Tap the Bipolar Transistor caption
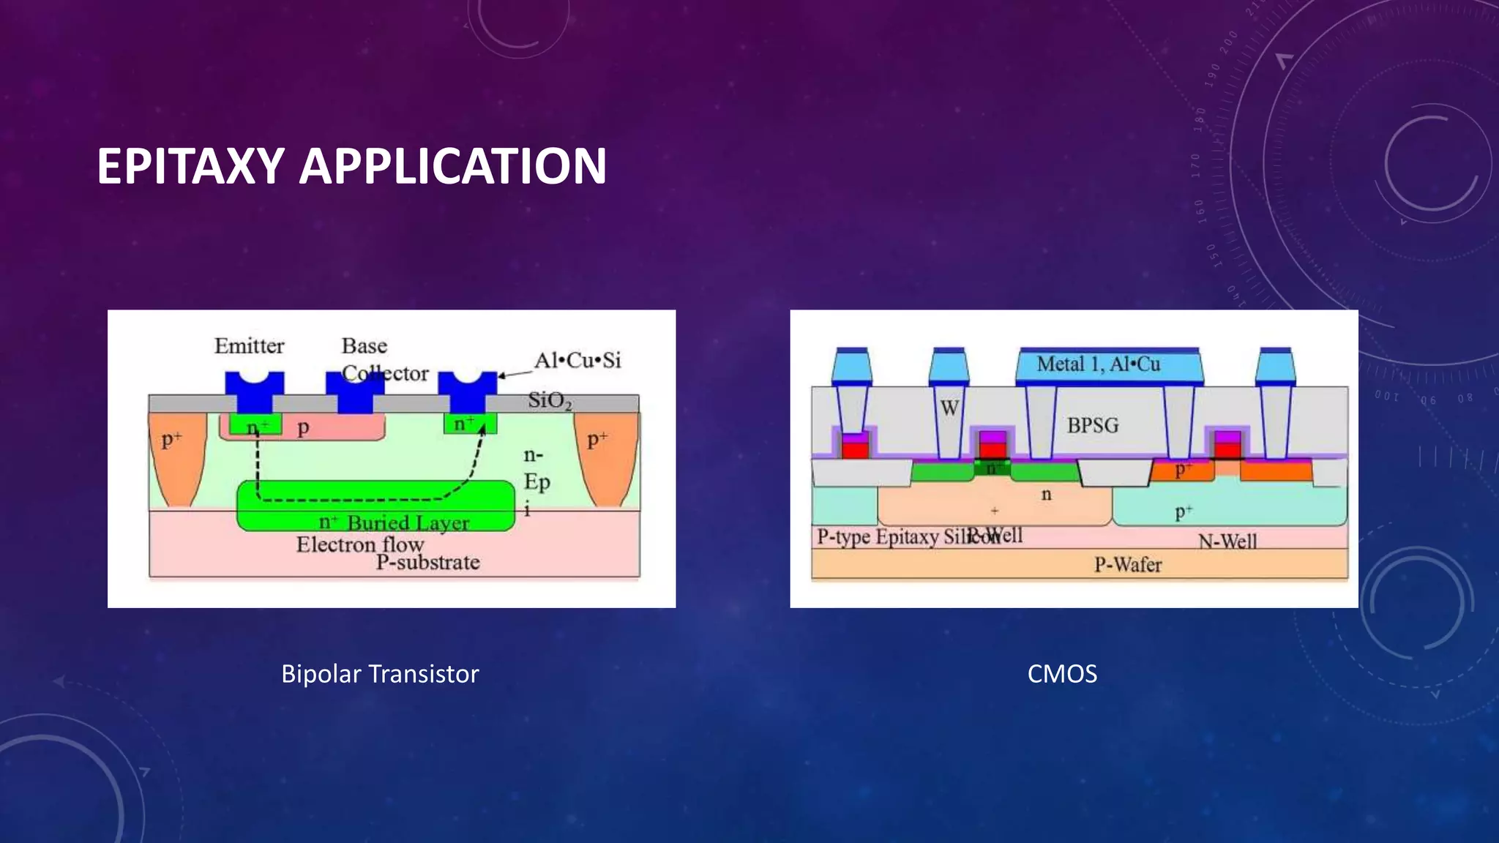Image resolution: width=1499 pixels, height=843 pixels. coord(380,673)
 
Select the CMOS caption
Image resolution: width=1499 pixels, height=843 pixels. coord(1062,673)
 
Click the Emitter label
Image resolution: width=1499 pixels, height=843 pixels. coord(249,345)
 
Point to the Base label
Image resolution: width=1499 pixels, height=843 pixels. coord(364,345)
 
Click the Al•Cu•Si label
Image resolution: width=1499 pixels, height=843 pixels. coord(577,360)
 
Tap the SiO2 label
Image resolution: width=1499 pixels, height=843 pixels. coord(549,400)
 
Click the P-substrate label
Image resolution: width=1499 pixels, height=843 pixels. coord(427,562)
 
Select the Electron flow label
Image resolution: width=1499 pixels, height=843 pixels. coord(359,544)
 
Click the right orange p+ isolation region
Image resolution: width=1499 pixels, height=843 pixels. coord(605,457)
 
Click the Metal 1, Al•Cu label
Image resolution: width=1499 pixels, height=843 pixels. coord(1098,364)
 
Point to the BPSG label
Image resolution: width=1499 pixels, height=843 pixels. coord(1092,425)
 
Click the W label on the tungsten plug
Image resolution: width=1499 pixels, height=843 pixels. coord(949,408)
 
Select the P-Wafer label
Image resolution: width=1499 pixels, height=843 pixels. coord(1127,564)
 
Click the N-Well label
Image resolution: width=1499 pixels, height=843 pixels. coord(1227,542)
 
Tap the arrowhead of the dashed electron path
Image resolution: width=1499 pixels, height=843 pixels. coord(482,428)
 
